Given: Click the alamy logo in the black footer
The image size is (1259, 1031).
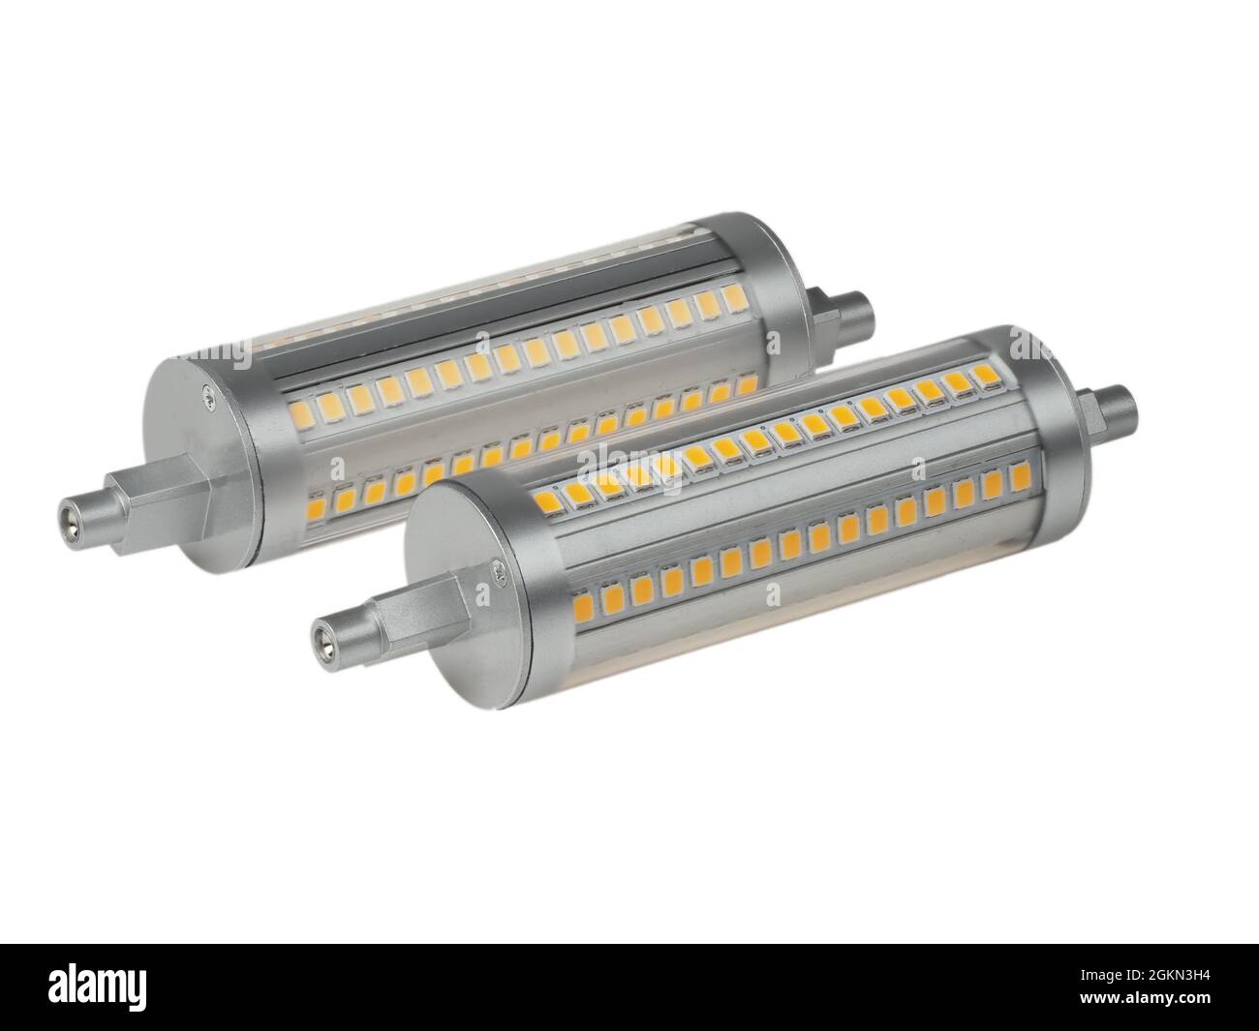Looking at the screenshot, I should [115, 987].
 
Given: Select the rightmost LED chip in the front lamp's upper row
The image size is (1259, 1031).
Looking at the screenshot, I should [984, 373].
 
